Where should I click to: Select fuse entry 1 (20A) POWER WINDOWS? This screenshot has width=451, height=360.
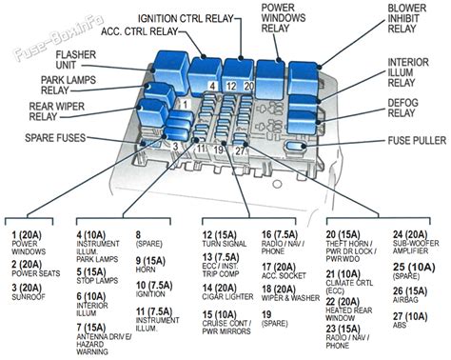[x=30, y=240]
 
